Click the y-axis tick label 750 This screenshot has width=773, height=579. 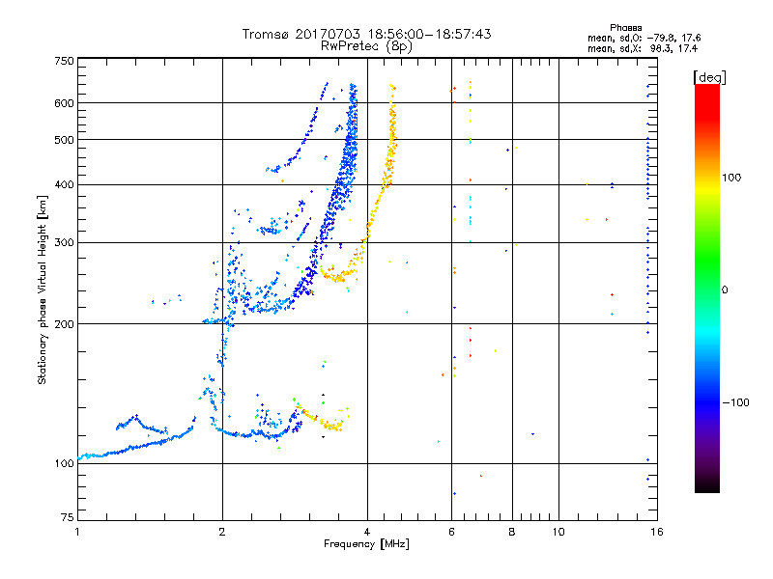point(65,61)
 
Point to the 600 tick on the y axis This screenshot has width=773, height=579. point(65,103)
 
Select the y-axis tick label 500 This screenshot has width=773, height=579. point(65,140)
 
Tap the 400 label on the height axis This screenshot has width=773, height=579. point(65,185)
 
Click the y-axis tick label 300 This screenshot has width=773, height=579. point(65,243)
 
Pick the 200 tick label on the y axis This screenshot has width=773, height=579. point(65,324)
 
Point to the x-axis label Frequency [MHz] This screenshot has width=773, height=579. point(366,545)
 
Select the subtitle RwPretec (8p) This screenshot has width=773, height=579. point(367,45)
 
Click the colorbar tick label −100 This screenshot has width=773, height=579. point(739,402)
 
